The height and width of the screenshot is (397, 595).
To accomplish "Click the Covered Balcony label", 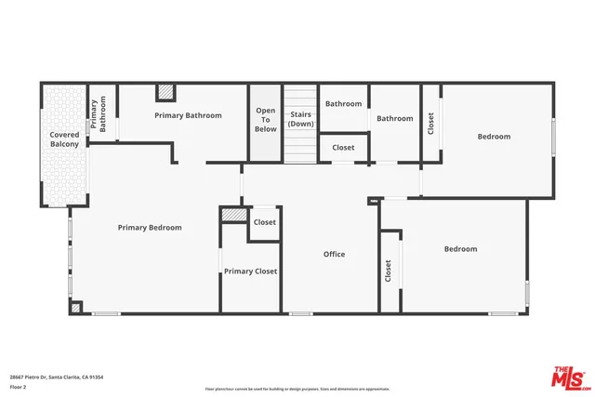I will tap(64, 139).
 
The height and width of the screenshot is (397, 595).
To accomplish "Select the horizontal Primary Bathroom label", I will tap(188, 115).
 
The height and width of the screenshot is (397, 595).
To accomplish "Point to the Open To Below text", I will tap(266, 120).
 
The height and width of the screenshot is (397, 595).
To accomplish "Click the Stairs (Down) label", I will tap(300, 119).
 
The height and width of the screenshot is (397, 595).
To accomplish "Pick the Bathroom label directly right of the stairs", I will tap(343, 104).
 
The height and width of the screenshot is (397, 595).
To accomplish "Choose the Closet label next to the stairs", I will tap(343, 148).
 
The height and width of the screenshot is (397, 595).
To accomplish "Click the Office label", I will tap(334, 254).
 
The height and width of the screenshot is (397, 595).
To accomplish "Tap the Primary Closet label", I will tap(250, 271).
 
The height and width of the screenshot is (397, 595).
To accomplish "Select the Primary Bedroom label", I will tap(149, 227).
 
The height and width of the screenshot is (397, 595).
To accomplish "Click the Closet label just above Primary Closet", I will tap(265, 222).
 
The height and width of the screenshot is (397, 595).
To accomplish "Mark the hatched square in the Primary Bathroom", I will tap(165, 92).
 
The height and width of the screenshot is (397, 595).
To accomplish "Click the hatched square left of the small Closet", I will tap(233, 215).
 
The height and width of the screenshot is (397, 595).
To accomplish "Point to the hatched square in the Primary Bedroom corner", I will tap(76, 307).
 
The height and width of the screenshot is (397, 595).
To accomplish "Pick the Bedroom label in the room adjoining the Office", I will tap(460, 249).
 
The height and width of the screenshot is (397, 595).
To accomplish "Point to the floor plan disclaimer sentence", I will tap(297, 389).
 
